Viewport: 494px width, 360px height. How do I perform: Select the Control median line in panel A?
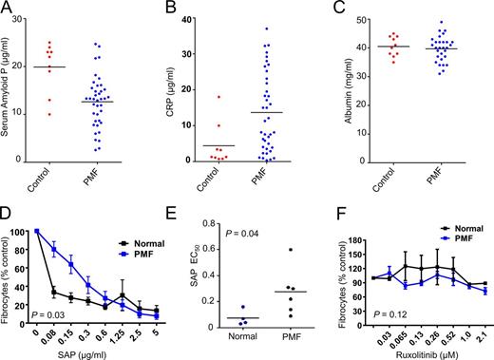49,67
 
